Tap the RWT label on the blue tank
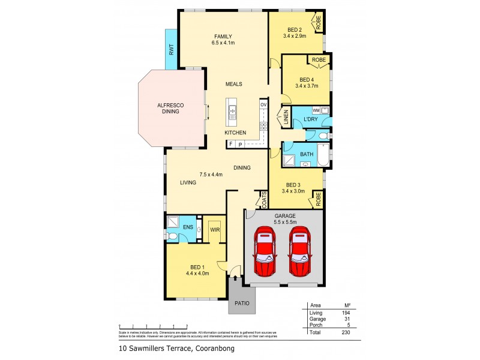click(x=171, y=50)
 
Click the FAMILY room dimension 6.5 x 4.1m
click(x=223, y=43)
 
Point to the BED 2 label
click(x=294, y=29)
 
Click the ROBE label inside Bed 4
click(x=319, y=60)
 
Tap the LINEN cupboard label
click(x=286, y=117)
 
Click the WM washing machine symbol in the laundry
click(x=316, y=110)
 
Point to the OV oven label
click(x=263, y=106)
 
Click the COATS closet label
click(x=263, y=199)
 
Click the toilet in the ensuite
click(x=172, y=237)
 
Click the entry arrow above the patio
click(x=235, y=278)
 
